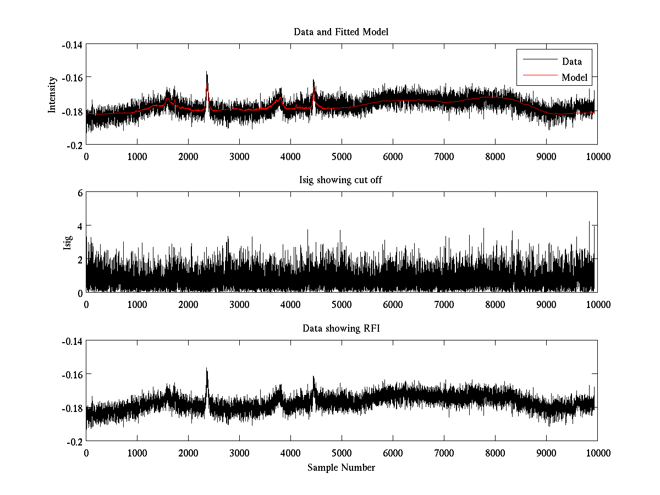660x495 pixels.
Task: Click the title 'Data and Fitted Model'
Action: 341,32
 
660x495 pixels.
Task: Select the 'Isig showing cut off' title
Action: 341,180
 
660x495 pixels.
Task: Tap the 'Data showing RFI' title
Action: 341,329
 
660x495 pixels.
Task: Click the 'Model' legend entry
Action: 574,78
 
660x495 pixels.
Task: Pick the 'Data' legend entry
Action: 571,62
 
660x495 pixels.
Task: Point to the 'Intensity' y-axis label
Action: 52,95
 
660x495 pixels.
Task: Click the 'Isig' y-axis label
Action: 67,243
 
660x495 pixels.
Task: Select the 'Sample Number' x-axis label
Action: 341,468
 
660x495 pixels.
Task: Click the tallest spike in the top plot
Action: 207,72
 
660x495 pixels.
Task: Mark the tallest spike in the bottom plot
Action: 207,369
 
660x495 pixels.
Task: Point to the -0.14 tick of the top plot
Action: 71,45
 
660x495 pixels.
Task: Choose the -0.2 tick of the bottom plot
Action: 74,442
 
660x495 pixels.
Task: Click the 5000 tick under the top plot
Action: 342,156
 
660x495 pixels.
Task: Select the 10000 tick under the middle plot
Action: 597,305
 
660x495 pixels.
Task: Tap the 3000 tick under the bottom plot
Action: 239,453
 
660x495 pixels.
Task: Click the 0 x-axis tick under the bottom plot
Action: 86,453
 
